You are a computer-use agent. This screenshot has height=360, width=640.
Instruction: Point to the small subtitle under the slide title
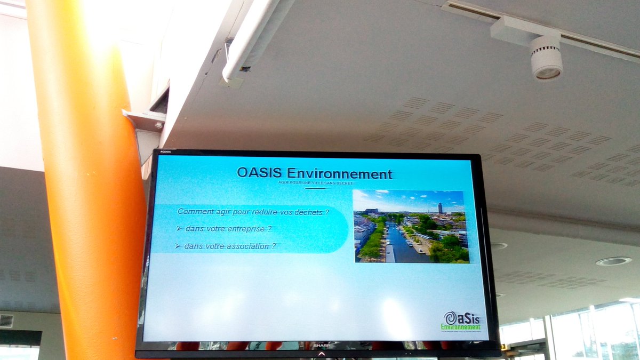pyautogui.click(x=315, y=183)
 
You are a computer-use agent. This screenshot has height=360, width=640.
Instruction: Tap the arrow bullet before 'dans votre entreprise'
pyautogui.click(x=179, y=229)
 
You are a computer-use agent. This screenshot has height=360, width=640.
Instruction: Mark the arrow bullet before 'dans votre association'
pyautogui.click(x=178, y=246)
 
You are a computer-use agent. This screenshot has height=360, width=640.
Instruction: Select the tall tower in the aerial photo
pyautogui.click(x=440, y=207)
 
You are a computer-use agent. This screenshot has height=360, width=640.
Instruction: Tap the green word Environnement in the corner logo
pyautogui.click(x=461, y=327)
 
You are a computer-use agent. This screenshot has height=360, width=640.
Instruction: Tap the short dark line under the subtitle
pyautogui.click(x=315, y=188)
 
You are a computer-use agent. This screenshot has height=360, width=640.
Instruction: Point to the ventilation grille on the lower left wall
pyautogui.click(x=6, y=321)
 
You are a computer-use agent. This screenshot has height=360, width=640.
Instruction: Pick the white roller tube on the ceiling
pyautogui.click(x=251, y=37)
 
